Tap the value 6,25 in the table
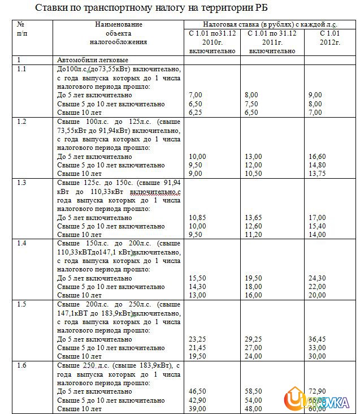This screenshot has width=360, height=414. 196,113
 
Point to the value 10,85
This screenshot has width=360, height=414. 197,218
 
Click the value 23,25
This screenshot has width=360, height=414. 197,339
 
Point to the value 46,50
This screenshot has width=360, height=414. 197,391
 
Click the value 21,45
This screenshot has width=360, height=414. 197,347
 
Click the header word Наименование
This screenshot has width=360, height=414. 119,25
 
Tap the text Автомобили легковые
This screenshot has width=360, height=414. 93,60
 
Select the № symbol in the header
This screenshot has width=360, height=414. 21,25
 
